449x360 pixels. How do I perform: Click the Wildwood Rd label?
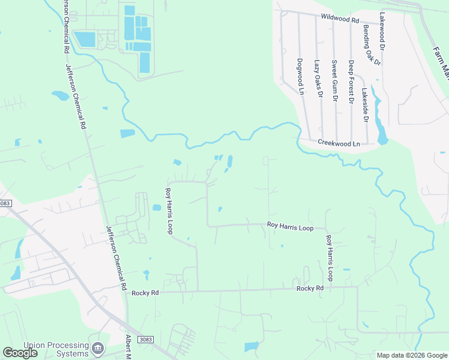coord(339,18)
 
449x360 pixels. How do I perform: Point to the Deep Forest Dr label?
coord(351,82)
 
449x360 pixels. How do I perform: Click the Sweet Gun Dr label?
coord(335,81)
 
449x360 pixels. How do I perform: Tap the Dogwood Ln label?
coord(301,76)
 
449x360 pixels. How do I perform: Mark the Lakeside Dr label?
coord(364,105)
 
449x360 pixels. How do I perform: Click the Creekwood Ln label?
coord(339,143)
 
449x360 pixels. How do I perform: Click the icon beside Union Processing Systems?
coord(98,348)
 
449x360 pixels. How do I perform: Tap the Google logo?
coord(20,353)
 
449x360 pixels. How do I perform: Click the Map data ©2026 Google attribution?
coord(411,355)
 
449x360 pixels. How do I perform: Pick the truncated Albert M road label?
coord(127,347)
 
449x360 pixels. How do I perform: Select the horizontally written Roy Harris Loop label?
coord(290,226)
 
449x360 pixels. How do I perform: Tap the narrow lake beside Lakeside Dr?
coord(379,120)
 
